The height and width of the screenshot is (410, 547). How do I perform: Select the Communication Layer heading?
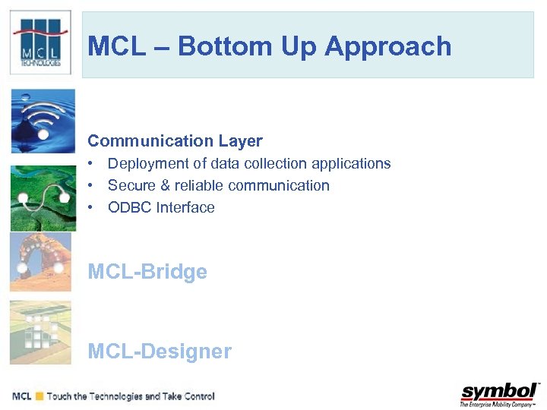(x=175, y=140)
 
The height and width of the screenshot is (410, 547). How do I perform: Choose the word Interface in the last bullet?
(x=185, y=207)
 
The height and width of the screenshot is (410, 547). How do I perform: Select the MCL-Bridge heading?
(x=147, y=272)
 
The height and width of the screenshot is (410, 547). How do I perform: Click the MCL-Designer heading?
(x=160, y=351)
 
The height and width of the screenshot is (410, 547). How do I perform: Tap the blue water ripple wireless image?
(x=43, y=121)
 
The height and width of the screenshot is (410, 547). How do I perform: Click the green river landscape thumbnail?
(x=43, y=198)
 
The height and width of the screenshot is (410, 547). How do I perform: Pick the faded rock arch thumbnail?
(x=41, y=262)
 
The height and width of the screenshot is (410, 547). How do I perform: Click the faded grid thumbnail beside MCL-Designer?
(x=41, y=332)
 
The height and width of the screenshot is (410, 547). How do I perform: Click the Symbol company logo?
(x=499, y=394)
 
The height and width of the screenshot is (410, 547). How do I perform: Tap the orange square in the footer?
(x=39, y=396)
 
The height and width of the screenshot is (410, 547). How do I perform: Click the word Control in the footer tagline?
(x=197, y=396)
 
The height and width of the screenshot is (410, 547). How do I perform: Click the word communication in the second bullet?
(x=283, y=185)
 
